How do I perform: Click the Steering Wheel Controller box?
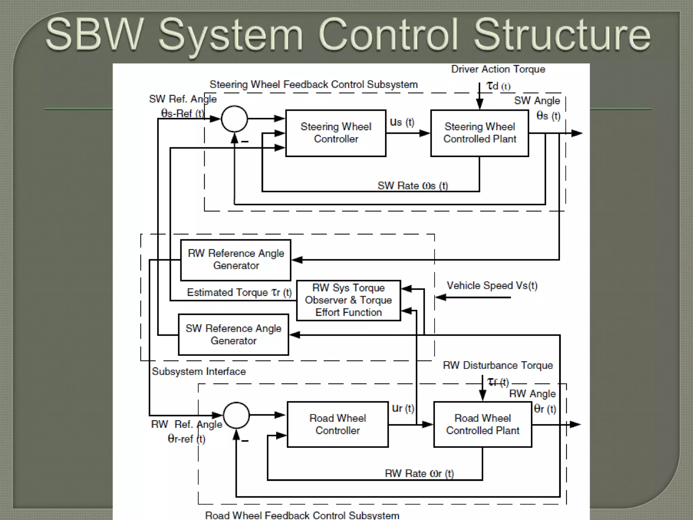336,133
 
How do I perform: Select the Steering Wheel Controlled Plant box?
479,133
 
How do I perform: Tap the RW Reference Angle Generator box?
236,260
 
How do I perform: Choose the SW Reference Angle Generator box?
233,334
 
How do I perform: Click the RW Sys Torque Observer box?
348,300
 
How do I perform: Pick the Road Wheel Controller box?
337,424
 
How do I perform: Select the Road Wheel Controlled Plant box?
483,424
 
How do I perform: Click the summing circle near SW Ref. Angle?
234,119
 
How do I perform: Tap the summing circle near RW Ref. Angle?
236,415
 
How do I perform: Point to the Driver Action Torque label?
498,69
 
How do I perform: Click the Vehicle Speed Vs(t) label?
492,286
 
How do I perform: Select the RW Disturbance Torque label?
498,365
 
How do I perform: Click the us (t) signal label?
402,122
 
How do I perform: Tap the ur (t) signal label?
403,409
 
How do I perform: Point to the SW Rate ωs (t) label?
412,186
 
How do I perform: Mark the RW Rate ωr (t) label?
419,473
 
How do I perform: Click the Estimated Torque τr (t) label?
239,292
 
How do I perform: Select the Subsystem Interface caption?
199,371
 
